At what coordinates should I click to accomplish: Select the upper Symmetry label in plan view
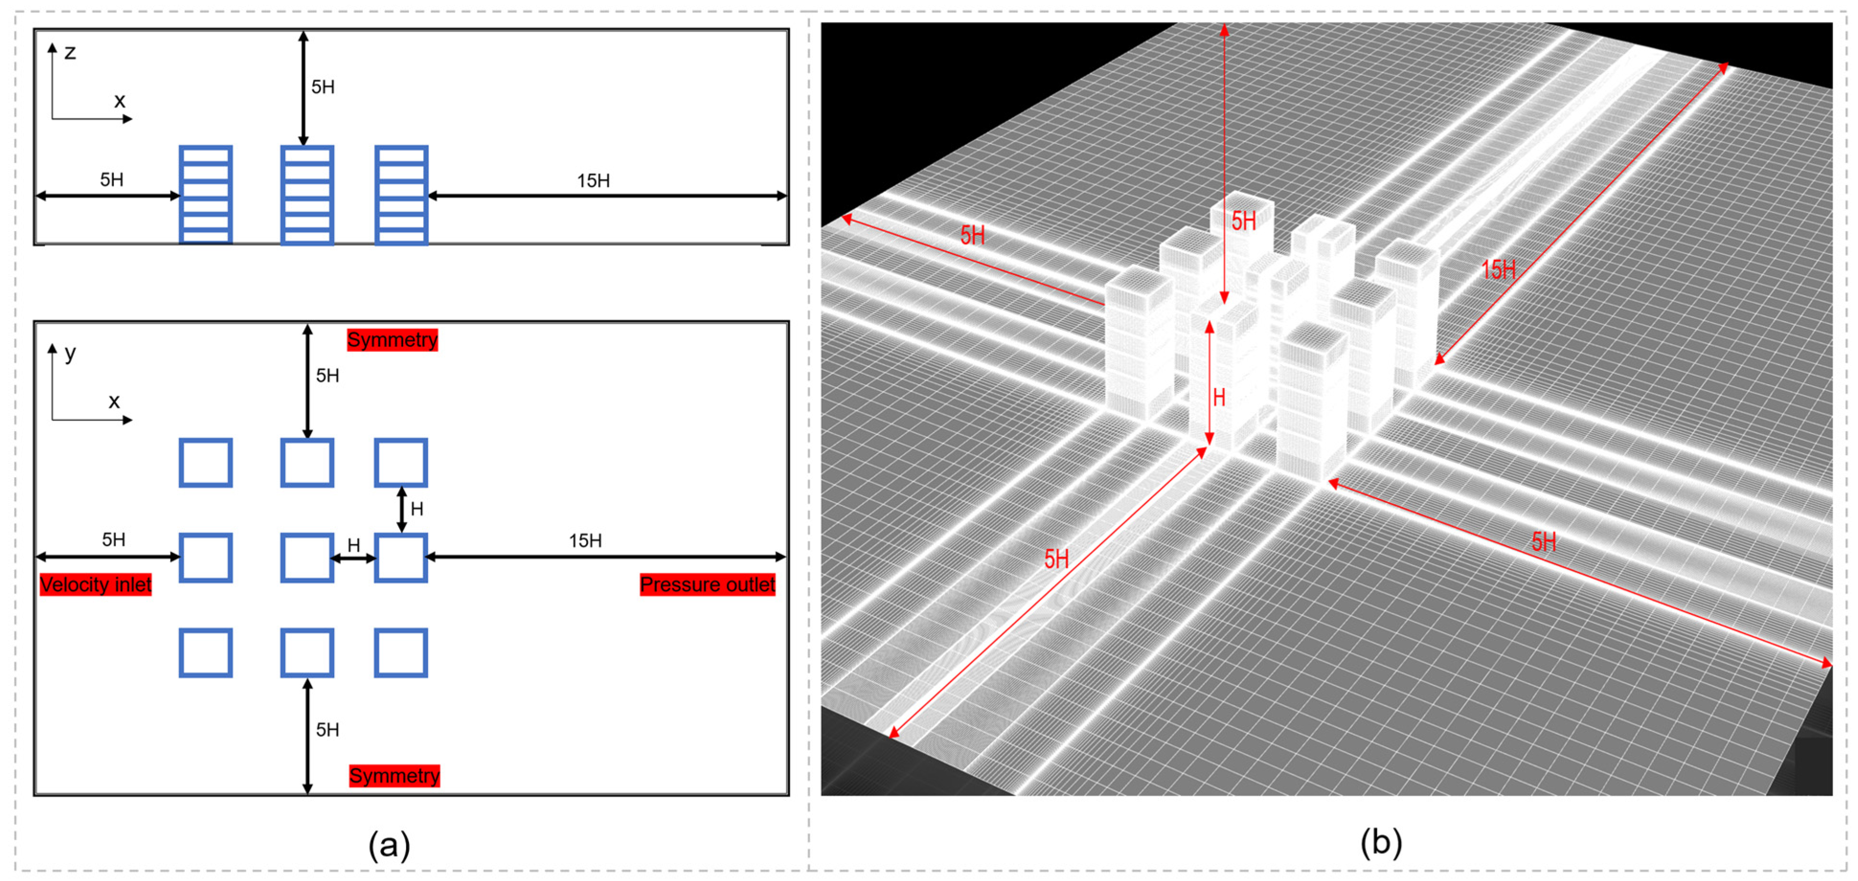click(x=393, y=340)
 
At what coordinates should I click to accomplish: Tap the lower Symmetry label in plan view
click(x=394, y=776)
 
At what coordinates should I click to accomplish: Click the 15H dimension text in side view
click(x=593, y=180)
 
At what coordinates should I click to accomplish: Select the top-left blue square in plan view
click(x=205, y=462)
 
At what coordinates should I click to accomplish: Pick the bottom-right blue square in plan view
click(x=401, y=652)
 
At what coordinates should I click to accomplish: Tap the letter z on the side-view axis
click(x=70, y=52)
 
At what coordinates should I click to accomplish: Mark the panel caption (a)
click(x=390, y=844)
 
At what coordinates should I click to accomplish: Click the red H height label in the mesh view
click(x=1219, y=397)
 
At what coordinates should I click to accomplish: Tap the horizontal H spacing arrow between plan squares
click(x=353, y=558)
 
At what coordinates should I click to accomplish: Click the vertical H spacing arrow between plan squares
click(x=402, y=510)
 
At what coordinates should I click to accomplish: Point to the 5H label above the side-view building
click(x=322, y=87)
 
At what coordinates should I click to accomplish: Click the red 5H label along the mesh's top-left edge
click(x=972, y=235)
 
